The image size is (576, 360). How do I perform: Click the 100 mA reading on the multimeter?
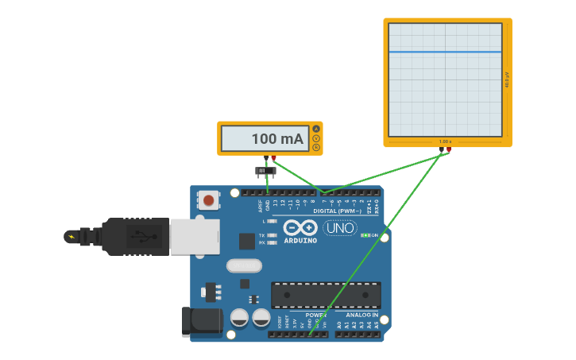pos(277,139)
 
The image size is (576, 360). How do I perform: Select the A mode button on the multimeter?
pos(316,129)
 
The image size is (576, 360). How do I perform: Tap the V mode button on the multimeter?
pos(316,138)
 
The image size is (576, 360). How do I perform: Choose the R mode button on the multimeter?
pos(316,147)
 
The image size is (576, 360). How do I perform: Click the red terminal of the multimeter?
pos(274,157)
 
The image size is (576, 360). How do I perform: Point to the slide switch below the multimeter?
pos(265,171)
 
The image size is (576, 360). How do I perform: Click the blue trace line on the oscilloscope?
pos(445,52)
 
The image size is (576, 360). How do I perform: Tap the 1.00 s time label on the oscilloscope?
pos(445,141)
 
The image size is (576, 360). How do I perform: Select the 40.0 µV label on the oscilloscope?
pos(507,79)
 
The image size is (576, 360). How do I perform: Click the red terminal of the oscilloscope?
pos(449,149)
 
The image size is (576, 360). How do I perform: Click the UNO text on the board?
pos(340,228)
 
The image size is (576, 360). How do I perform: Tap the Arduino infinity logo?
pos(300,227)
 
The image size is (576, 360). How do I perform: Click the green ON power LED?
pos(364,235)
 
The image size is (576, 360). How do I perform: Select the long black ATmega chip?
pos(326,295)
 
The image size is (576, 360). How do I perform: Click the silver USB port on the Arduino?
pos(195,237)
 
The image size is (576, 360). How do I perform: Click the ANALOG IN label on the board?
pos(361,315)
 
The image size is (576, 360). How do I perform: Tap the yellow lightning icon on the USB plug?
pos(72,236)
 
